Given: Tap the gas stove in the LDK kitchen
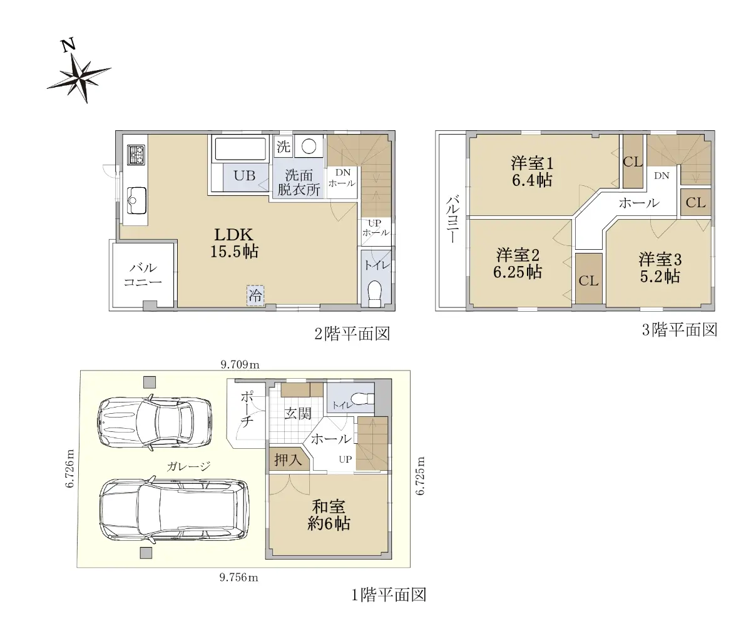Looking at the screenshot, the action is (x=136, y=155).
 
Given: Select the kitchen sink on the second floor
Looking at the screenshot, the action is (x=136, y=200).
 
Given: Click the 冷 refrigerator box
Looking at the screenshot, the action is (x=255, y=295).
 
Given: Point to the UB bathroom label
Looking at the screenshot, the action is (x=245, y=175).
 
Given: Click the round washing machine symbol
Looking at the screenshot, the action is (x=309, y=146).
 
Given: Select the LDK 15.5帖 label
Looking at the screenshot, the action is (x=234, y=243).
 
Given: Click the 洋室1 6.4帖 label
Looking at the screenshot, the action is (x=532, y=172).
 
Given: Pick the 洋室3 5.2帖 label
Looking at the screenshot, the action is (x=660, y=268).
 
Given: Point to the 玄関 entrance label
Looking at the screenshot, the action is (x=297, y=414).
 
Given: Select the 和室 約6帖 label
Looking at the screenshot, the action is (x=329, y=515).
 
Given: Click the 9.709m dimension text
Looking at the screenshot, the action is (x=240, y=365).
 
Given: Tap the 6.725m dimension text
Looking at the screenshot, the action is (x=420, y=476).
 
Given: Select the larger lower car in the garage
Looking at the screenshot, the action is (x=174, y=511).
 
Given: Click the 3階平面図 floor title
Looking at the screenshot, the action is (x=680, y=330).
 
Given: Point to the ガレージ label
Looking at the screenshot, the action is (x=189, y=466).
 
